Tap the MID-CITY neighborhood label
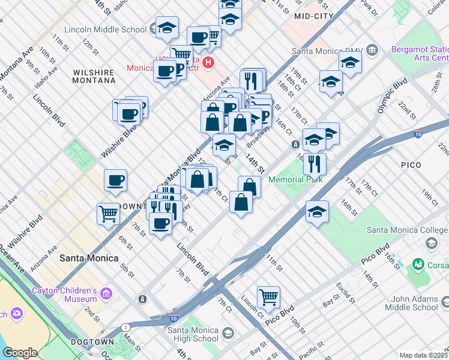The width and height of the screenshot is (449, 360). click(314, 17)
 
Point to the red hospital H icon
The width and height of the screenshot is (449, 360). click(208, 61)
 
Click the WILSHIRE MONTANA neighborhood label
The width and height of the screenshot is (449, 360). click(94, 76)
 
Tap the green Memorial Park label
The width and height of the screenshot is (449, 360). click(295, 179)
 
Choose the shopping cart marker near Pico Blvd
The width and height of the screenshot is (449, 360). click(268, 297)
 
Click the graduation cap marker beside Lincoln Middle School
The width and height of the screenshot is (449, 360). click(167, 28)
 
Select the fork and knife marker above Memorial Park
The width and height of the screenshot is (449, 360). click(315, 163)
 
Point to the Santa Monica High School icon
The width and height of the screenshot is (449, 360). click(228, 332)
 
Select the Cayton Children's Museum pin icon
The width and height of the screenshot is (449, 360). click(107, 293)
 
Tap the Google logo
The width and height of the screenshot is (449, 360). click(20, 353)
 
